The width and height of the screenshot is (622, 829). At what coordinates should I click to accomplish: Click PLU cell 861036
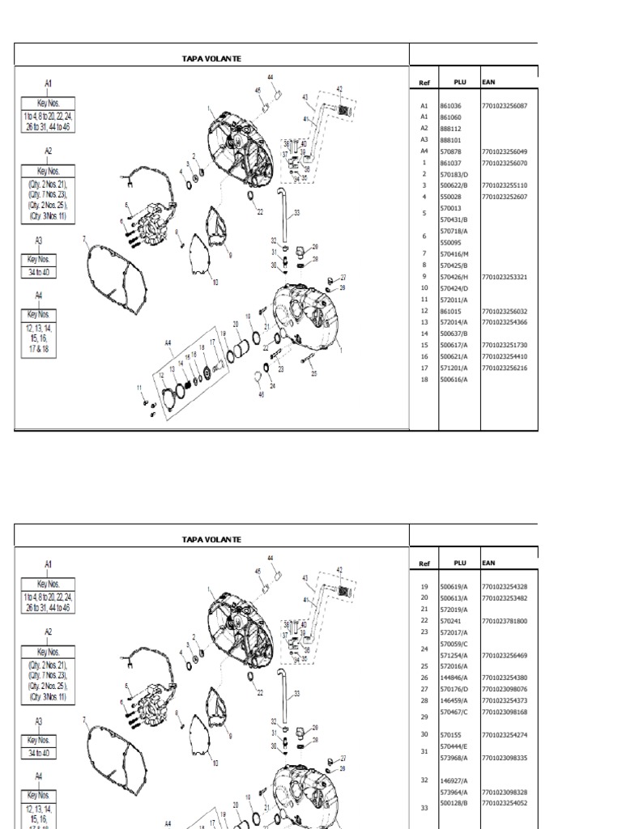coord(450,106)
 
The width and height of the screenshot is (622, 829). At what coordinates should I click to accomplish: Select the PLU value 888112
coord(450,128)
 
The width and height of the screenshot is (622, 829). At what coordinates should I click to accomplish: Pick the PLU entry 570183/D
coord(454,174)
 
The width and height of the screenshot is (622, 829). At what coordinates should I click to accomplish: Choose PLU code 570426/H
coord(454,276)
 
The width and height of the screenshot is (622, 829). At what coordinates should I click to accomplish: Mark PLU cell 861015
coord(450,311)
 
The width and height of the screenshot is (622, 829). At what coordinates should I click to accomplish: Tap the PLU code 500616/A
coord(454,379)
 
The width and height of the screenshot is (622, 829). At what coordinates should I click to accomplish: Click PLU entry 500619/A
coord(454,587)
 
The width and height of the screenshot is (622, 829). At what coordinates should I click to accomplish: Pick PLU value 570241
coord(450,621)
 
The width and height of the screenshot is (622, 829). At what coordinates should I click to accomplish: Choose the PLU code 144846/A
coord(454,678)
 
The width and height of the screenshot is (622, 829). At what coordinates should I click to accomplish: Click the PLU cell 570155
coord(450,735)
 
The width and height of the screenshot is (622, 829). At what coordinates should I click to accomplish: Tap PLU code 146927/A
coord(454,781)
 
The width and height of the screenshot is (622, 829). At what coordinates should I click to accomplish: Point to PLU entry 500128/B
coord(454,803)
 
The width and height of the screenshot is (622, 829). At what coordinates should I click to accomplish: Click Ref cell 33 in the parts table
coord(424,808)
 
